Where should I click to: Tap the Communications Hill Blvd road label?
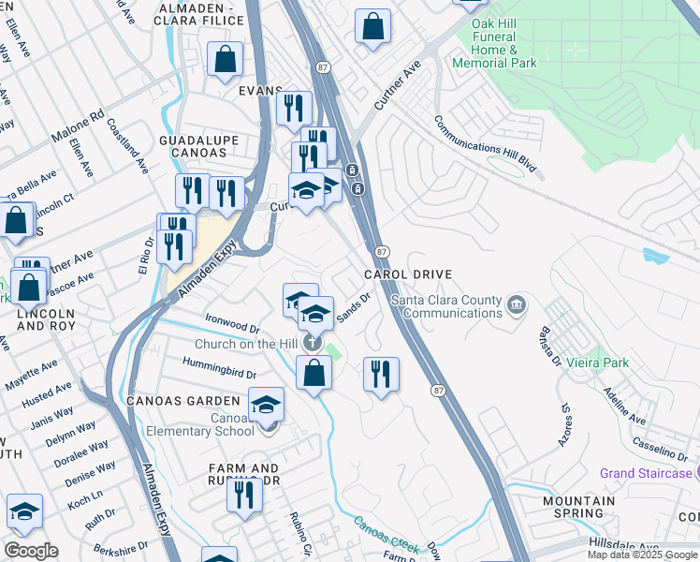pos(487,145)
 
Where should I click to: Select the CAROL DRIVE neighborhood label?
pos(408,274)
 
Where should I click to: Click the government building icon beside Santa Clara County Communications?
pos(516,305)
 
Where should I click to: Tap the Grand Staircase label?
pos(646,473)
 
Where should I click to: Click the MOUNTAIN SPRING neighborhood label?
pos(579,507)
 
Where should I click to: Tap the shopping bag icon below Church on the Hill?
pos(314,372)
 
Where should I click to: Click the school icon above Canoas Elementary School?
pos(266,403)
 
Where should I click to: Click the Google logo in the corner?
pos(31,551)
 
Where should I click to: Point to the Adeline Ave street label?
pos(625,406)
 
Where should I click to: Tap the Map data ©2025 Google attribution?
pos(642,555)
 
